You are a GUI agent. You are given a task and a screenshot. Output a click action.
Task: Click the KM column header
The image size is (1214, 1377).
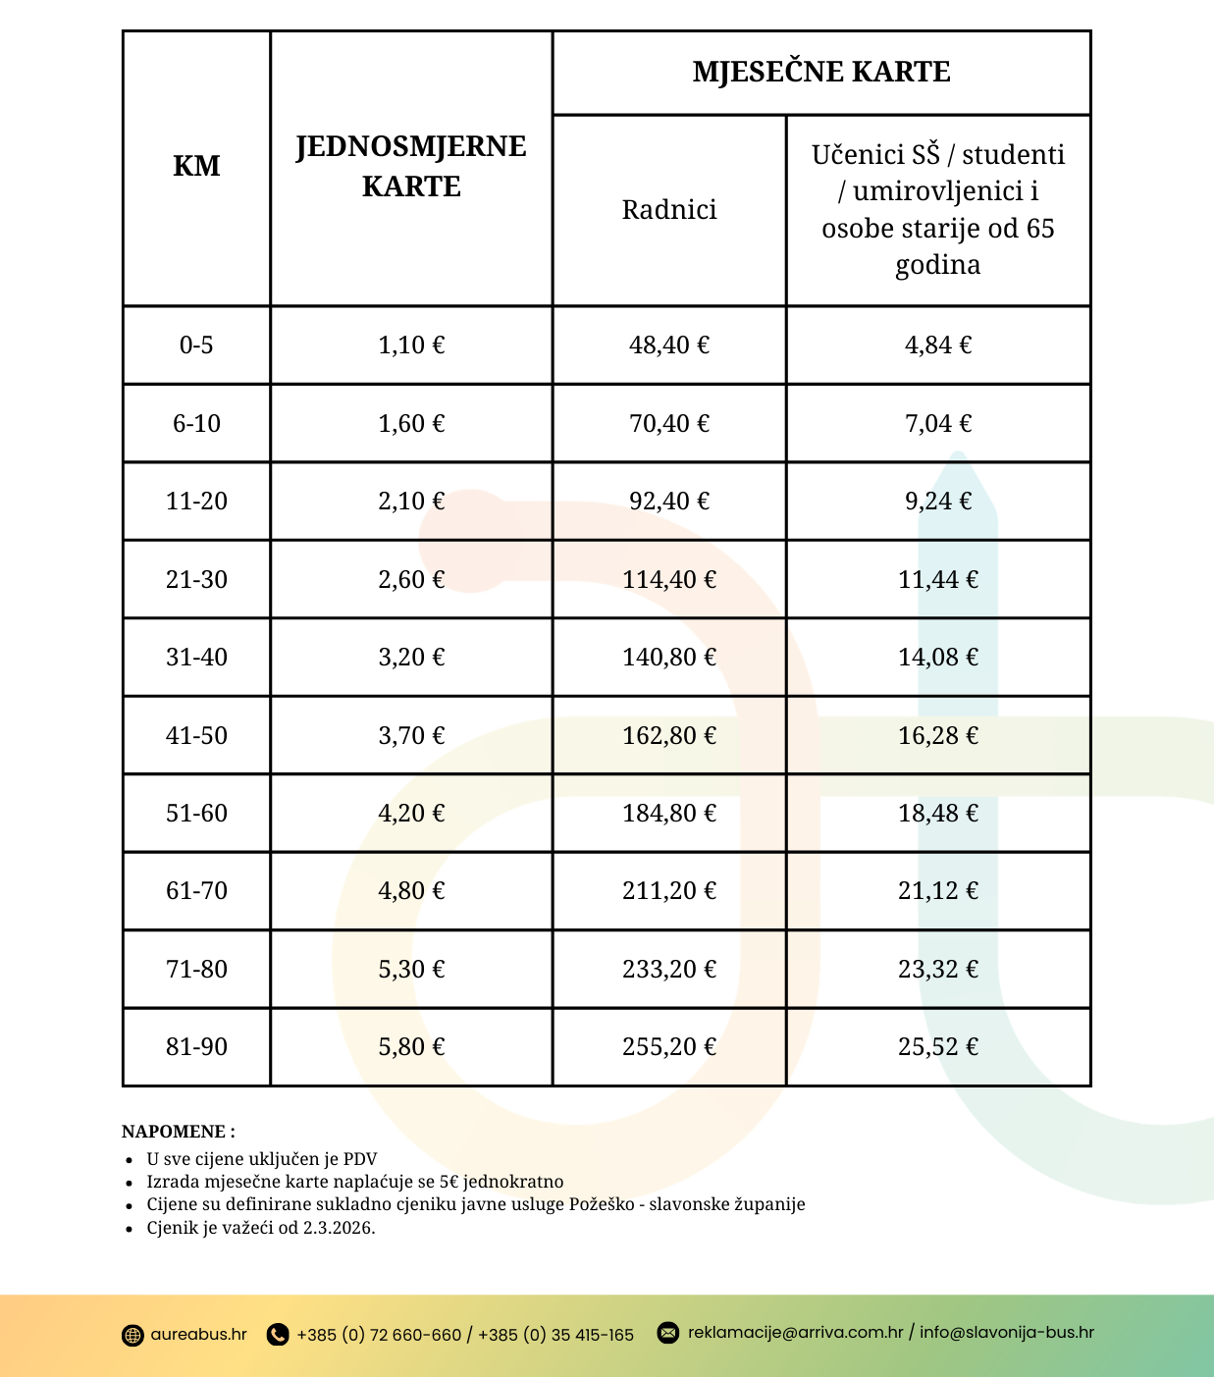coord(196,166)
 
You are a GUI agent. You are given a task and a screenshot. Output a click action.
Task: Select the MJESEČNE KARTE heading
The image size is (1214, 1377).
coord(821,72)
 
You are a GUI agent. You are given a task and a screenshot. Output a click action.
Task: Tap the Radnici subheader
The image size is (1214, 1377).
coord(669,209)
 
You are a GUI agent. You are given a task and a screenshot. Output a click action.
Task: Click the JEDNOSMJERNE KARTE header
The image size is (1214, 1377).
coord(411,166)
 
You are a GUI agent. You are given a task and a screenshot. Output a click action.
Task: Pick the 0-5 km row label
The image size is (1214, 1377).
coord(196,344)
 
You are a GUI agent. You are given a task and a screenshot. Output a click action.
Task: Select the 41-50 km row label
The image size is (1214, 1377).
coord(196,735)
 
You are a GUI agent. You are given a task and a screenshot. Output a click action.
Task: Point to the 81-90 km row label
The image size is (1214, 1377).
coord(196,1046)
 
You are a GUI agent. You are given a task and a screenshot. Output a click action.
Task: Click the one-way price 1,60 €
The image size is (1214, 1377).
coord(411,423)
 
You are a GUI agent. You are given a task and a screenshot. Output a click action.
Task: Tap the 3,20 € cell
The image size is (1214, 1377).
coord(411,657)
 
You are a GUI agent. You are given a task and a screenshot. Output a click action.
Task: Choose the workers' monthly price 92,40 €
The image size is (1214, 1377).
coord(669,501)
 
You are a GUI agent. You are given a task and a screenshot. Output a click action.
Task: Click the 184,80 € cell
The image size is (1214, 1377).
coord(669,813)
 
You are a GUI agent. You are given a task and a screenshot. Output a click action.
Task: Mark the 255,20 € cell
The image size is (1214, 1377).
coord(669,1046)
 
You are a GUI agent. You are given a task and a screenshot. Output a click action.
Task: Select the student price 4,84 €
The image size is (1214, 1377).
coord(938,344)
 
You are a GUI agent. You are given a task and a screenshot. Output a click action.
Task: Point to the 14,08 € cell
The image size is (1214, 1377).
coord(938,657)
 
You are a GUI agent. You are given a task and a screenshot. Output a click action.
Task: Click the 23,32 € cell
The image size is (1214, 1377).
coord(938,969)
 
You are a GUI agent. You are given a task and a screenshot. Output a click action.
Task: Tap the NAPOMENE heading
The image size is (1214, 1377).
coord(178,1131)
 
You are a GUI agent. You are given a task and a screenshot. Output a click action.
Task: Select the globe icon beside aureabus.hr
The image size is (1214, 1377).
coord(132,1335)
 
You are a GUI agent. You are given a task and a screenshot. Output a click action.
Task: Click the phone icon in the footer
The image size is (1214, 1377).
coord(278,1335)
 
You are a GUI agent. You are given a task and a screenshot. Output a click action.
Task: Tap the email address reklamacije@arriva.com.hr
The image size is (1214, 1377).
coord(795,1333)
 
